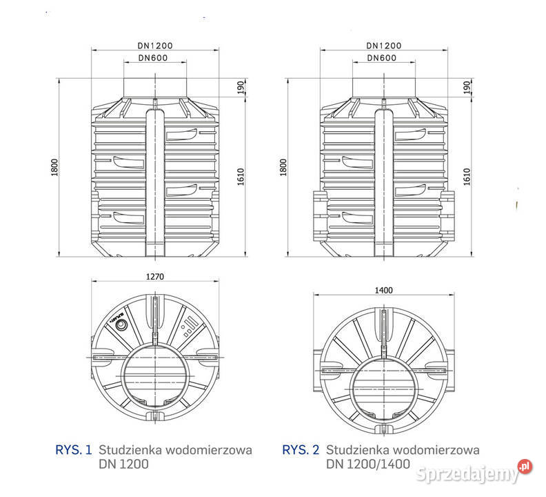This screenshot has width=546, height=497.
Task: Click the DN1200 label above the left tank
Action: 154,45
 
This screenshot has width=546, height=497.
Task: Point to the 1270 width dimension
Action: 154,276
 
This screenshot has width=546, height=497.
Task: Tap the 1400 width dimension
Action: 383,291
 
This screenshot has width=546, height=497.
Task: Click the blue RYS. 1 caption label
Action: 73,450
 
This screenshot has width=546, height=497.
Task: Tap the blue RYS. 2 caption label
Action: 301,450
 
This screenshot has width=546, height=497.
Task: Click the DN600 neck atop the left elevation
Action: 154,86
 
